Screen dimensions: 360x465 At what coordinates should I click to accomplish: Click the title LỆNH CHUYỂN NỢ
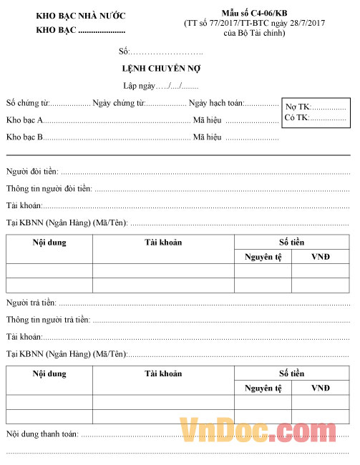[161, 69]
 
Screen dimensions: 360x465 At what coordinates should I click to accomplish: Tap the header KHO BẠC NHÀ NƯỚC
[80, 15]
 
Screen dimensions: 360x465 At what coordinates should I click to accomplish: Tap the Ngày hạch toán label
[216, 103]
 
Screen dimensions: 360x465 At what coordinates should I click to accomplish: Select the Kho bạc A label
[25, 119]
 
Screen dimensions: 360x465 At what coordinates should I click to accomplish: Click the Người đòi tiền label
[32, 172]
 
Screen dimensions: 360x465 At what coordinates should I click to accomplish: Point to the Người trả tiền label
[31, 303]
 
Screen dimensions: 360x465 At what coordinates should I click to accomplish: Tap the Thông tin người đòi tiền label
[49, 189]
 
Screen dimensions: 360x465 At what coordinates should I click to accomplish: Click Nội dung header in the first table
[49, 243]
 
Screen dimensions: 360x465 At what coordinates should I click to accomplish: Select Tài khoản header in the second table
[163, 373]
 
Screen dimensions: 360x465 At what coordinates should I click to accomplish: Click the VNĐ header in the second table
[320, 388]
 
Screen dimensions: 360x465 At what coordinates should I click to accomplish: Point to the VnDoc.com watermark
[264, 431]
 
